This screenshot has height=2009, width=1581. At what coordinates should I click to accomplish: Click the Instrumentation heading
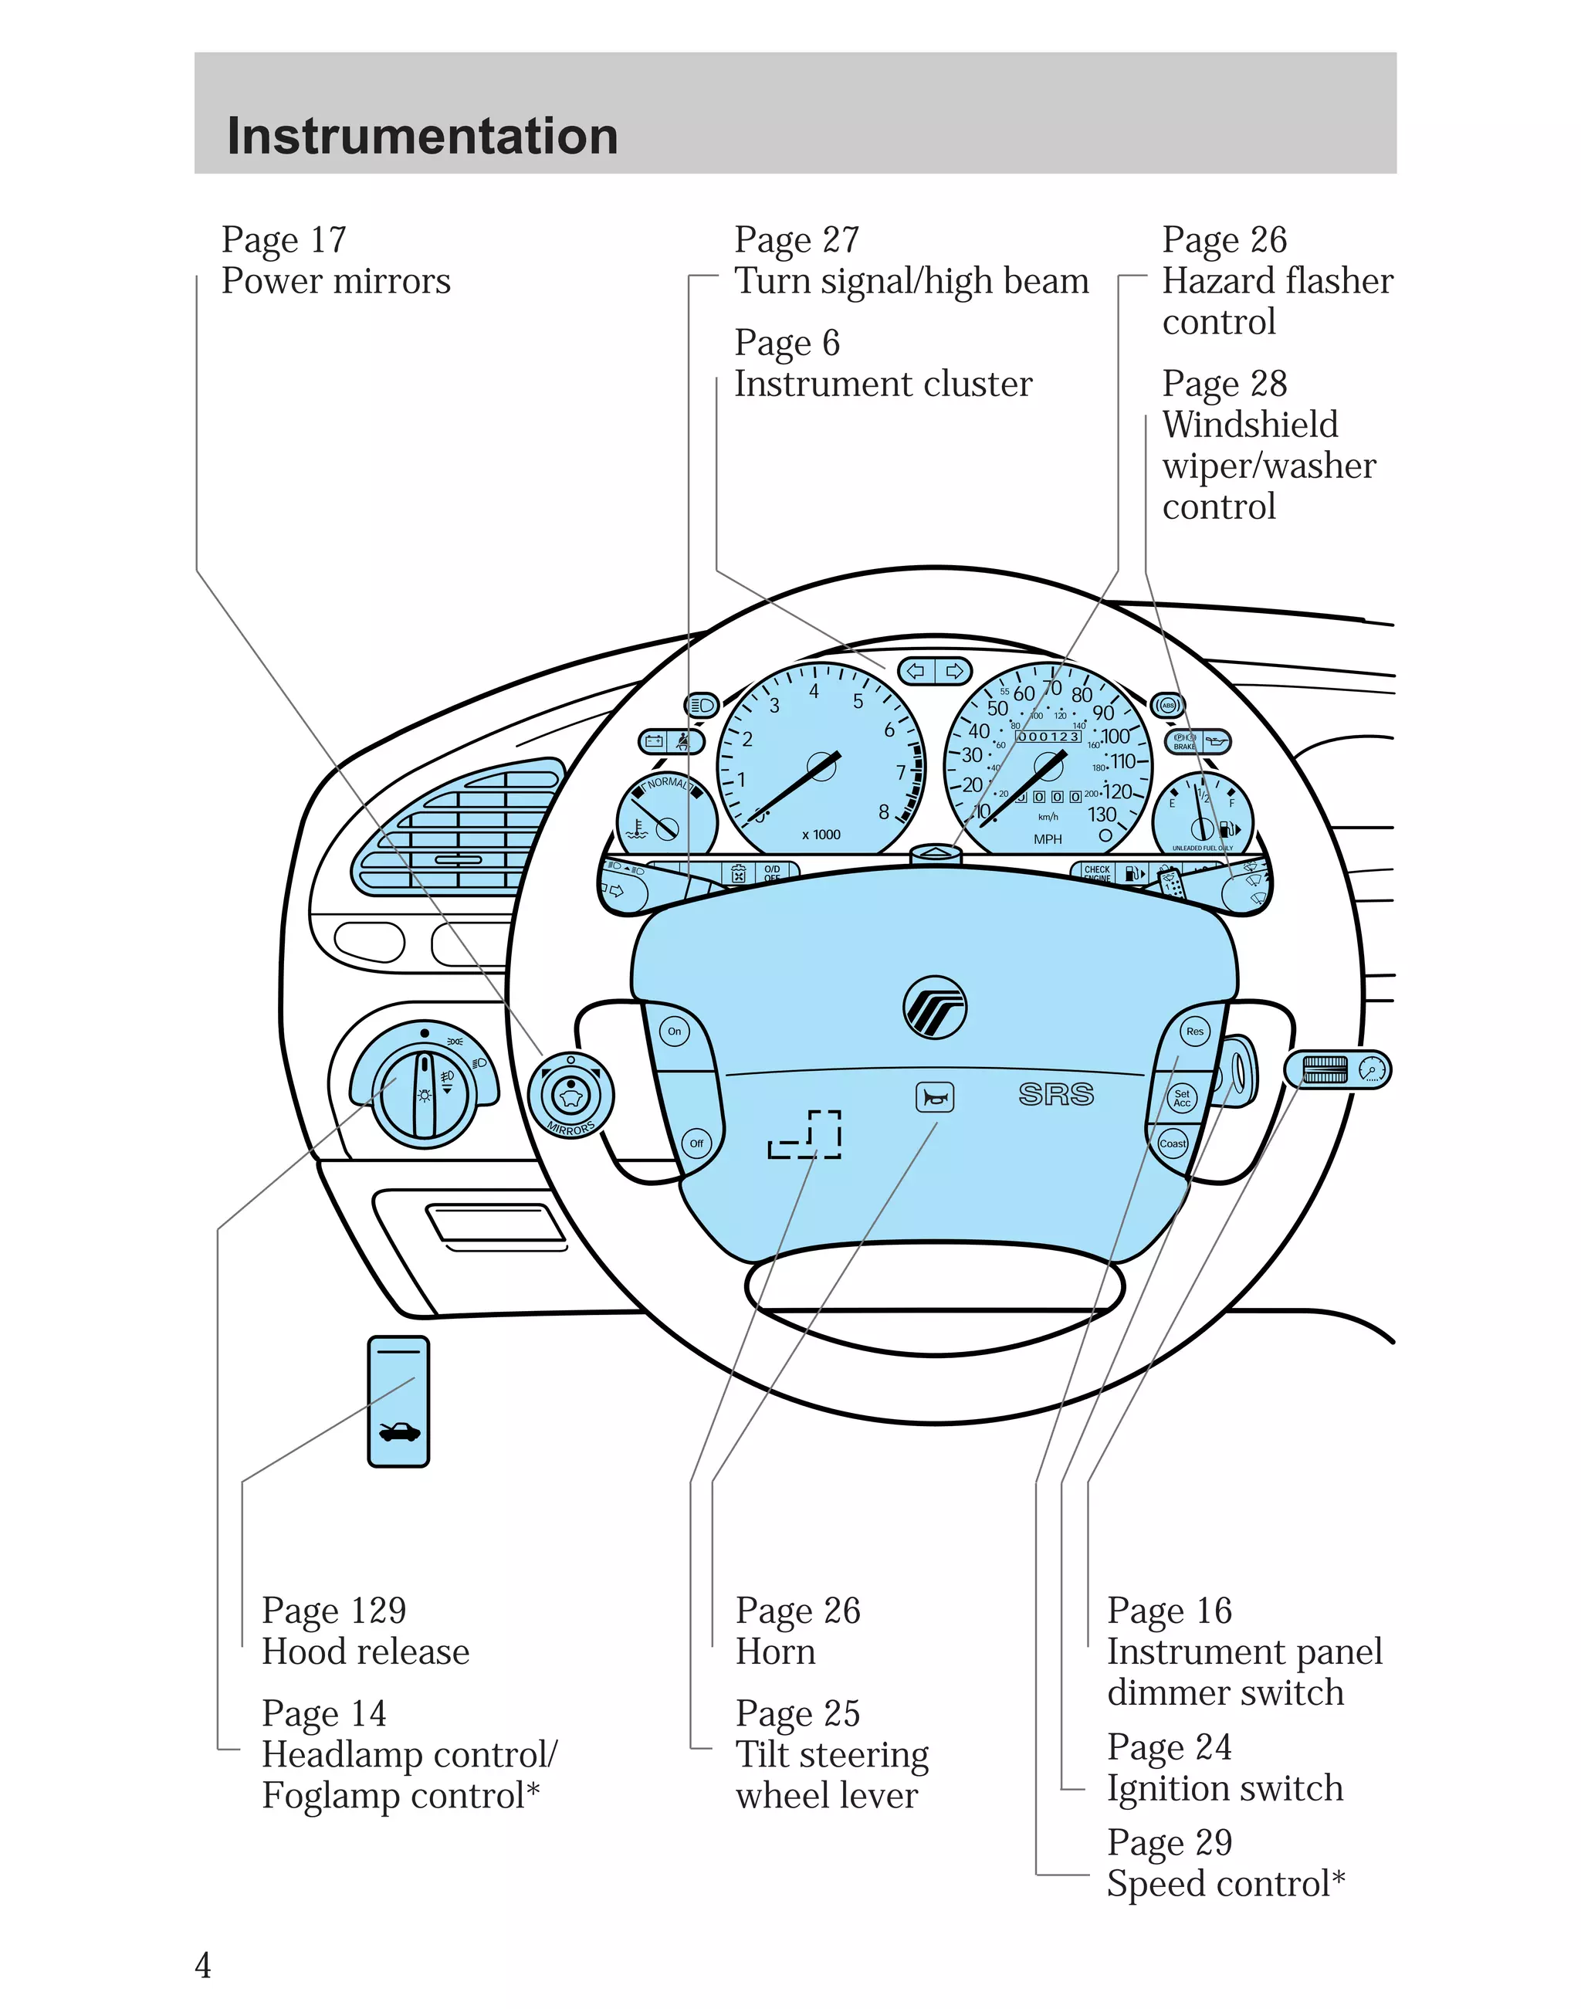[422, 136]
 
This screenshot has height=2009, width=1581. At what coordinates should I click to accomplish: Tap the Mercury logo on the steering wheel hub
[935, 1006]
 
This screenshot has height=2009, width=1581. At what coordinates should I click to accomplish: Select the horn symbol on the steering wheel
[934, 1098]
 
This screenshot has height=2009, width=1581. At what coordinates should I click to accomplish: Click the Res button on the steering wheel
[1195, 1032]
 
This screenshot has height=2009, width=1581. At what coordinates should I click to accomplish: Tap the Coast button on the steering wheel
[1172, 1143]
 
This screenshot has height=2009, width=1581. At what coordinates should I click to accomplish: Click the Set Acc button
[1182, 1098]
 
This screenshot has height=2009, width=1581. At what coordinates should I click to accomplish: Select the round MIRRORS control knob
[571, 1096]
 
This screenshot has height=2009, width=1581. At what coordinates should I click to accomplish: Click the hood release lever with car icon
[398, 1401]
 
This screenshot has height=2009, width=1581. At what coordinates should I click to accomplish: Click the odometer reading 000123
[1048, 737]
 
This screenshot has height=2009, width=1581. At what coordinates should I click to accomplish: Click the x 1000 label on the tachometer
[821, 835]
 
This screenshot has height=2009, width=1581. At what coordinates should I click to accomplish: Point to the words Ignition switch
[1224, 1789]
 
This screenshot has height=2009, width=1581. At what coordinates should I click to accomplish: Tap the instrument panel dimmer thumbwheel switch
[1325, 1069]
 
